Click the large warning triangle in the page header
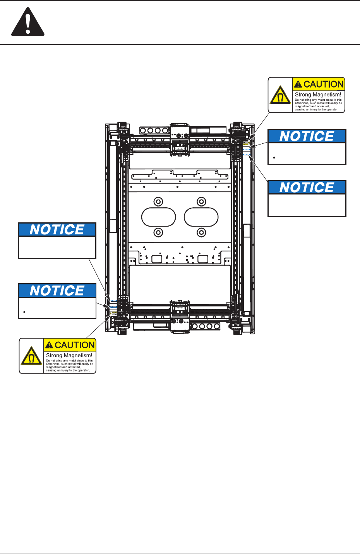click(x=28, y=23)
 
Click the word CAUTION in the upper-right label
click(x=324, y=84)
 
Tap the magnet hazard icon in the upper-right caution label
click(x=280, y=95)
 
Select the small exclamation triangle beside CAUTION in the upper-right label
click(x=298, y=84)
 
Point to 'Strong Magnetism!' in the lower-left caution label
click(x=69, y=355)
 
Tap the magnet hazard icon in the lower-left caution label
click(x=31, y=356)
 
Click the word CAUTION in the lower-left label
click(x=75, y=345)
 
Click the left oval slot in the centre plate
click(x=159, y=217)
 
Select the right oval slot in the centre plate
click(x=201, y=217)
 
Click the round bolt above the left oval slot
click(x=158, y=202)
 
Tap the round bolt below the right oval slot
click(x=201, y=232)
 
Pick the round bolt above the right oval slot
click(x=201, y=202)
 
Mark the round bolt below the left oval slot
click(x=158, y=232)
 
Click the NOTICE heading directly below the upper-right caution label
click(x=307, y=136)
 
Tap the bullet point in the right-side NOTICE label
click(x=274, y=158)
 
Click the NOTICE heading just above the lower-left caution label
click(x=57, y=291)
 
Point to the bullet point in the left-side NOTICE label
click(x=24, y=312)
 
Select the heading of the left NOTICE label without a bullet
click(x=57, y=230)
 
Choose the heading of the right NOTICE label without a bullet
click(x=307, y=188)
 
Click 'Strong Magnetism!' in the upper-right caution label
click(x=318, y=95)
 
